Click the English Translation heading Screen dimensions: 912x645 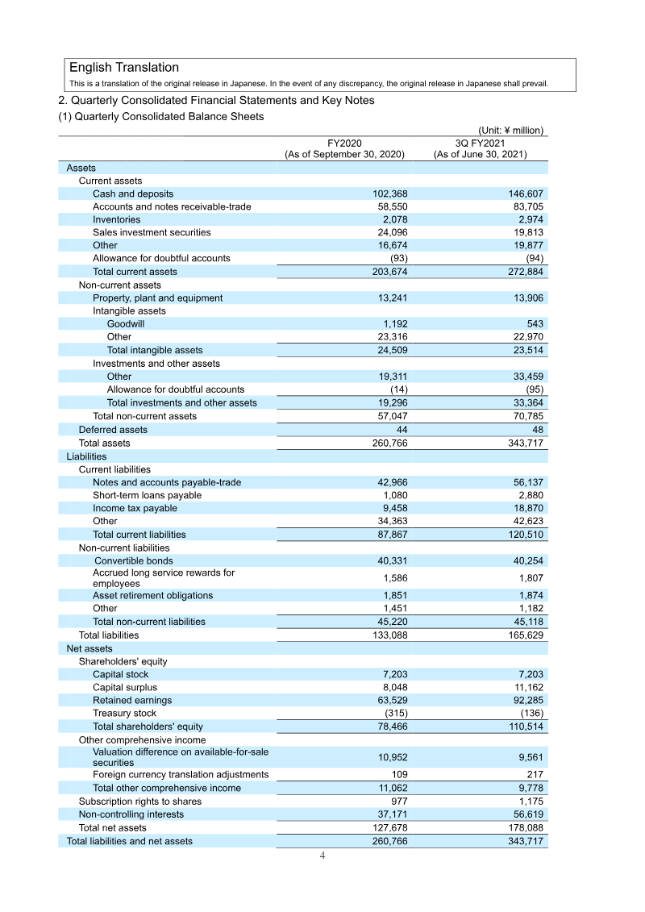[124, 68]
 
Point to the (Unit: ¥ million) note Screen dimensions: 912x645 [511, 130]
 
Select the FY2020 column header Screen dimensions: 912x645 [344, 148]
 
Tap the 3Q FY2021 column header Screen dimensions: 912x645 [480, 148]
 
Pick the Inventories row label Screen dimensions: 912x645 [116, 219]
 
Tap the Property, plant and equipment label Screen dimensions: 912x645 [157, 298]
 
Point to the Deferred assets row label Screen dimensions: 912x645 [113, 430]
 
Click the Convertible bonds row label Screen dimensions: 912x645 [133, 560]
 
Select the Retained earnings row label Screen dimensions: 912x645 [132, 700]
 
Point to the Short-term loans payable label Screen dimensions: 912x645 [148, 495]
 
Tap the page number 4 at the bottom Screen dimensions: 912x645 [322, 856]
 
